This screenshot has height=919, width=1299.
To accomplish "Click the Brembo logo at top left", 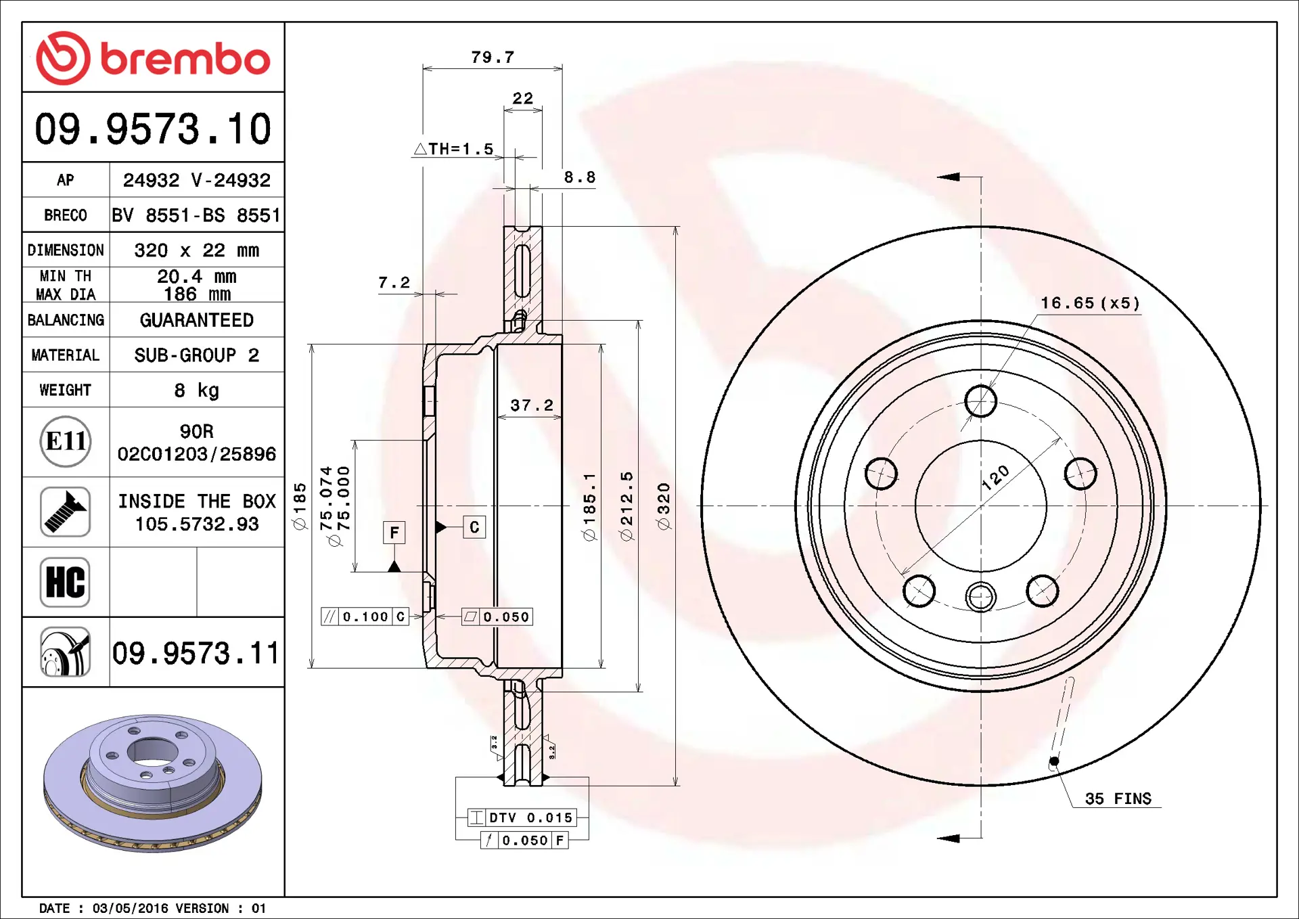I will point(153,58).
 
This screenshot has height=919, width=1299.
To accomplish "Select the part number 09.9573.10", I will point(153,129).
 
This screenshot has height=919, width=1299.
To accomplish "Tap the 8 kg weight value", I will point(196,390).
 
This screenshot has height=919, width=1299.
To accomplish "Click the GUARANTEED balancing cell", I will point(196,320).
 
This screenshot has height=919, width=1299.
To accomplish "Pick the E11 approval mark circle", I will point(65,441).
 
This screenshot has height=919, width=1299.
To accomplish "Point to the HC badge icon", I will point(65,582).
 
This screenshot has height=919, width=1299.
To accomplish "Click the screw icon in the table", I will point(65,512).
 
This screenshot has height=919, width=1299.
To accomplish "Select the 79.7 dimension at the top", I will point(493,58).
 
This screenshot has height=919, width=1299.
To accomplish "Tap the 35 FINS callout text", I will point(1118,799).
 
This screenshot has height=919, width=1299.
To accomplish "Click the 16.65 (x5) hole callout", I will point(1090,303).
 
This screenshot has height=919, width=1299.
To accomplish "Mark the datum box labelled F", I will point(394,533).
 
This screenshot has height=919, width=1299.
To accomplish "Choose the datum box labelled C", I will point(474,527).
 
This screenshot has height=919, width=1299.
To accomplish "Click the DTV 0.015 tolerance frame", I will point(522,817).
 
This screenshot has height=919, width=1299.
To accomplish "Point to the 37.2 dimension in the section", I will point(532,405).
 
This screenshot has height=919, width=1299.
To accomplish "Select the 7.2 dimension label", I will point(394,282).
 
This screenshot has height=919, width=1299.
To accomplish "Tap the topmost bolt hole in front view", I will point(980,401).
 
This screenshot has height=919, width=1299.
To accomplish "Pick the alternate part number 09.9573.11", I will point(196,653).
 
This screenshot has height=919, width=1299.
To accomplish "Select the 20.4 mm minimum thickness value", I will point(196,277).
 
